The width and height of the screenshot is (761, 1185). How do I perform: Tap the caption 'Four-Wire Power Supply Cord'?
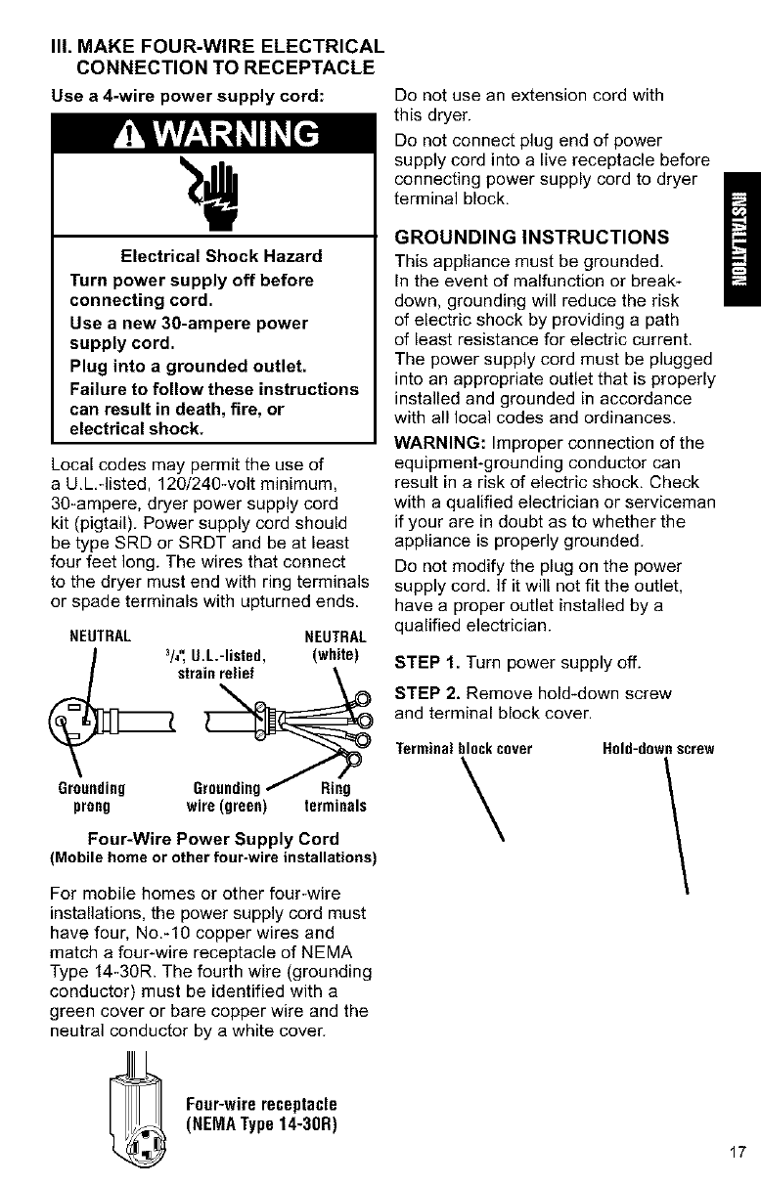[x=213, y=839]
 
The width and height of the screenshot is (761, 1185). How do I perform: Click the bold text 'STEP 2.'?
[x=425, y=693]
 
